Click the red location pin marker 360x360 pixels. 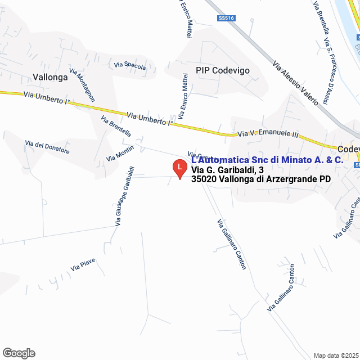[179, 168]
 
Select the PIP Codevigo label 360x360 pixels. [222, 70]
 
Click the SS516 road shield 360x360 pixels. [226, 19]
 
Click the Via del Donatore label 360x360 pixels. [47, 148]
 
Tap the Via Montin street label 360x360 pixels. [120, 154]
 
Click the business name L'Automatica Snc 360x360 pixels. [267, 160]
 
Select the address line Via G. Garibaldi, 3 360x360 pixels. [227, 170]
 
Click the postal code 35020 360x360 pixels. [201, 179]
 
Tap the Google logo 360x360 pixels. [18, 353]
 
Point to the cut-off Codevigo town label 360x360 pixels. [349, 149]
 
